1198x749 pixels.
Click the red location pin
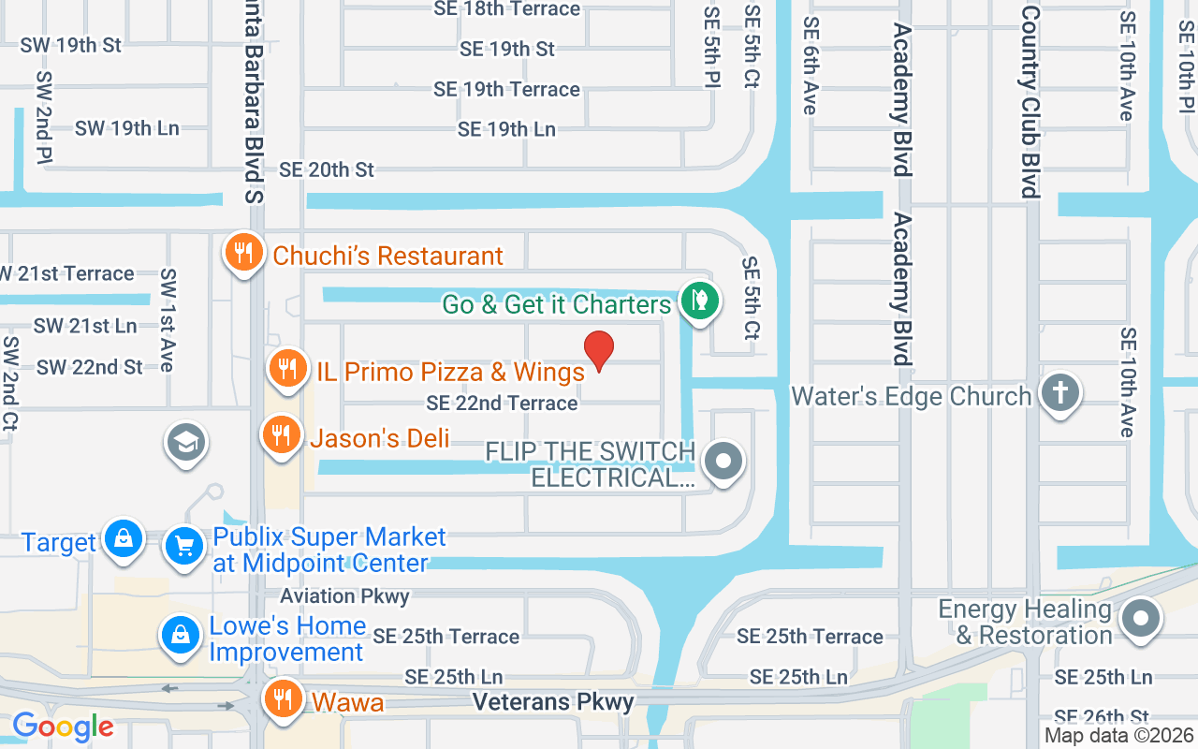coord(599,350)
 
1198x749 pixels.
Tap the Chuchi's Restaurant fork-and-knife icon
coord(243,253)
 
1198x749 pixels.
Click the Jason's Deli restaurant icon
coord(280,435)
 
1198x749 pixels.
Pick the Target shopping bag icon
coord(123,539)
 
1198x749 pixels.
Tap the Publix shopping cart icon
coord(184,545)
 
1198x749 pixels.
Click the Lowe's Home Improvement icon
coord(182,635)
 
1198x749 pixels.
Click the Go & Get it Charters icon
coord(698,301)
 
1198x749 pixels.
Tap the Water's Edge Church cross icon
coord(1059,393)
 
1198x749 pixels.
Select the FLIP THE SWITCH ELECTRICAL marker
coord(723,462)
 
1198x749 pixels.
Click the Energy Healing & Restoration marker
coord(1140,619)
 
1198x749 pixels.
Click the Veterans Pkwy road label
coord(553,701)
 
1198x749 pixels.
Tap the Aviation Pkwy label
coord(344,595)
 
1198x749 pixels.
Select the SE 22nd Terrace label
coord(502,404)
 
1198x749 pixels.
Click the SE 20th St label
coord(327,169)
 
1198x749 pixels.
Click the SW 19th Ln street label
coord(127,128)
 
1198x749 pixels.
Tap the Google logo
coord(63,726)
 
